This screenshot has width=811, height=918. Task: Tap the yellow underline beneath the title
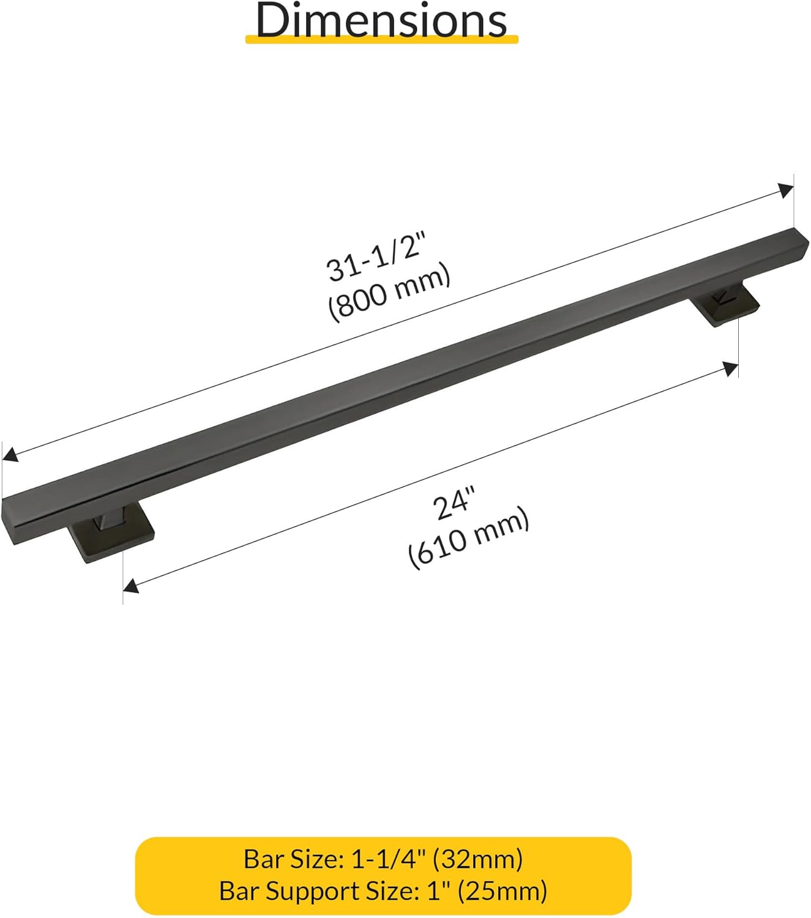coord(381,40)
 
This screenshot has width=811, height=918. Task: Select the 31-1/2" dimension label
coord(375,260)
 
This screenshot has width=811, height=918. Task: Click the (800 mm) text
coord(390,292)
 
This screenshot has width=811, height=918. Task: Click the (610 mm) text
coord(468,537)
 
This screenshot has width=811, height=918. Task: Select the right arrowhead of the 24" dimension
coord(730,368)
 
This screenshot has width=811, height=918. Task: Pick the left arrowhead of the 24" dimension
coord(130,586)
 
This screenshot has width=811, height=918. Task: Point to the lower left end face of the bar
coord(8,520)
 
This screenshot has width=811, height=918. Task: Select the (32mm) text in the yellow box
coord(477,859)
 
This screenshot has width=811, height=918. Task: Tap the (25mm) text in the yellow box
coord(506,890)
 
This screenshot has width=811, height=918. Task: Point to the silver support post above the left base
coord(103,523)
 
